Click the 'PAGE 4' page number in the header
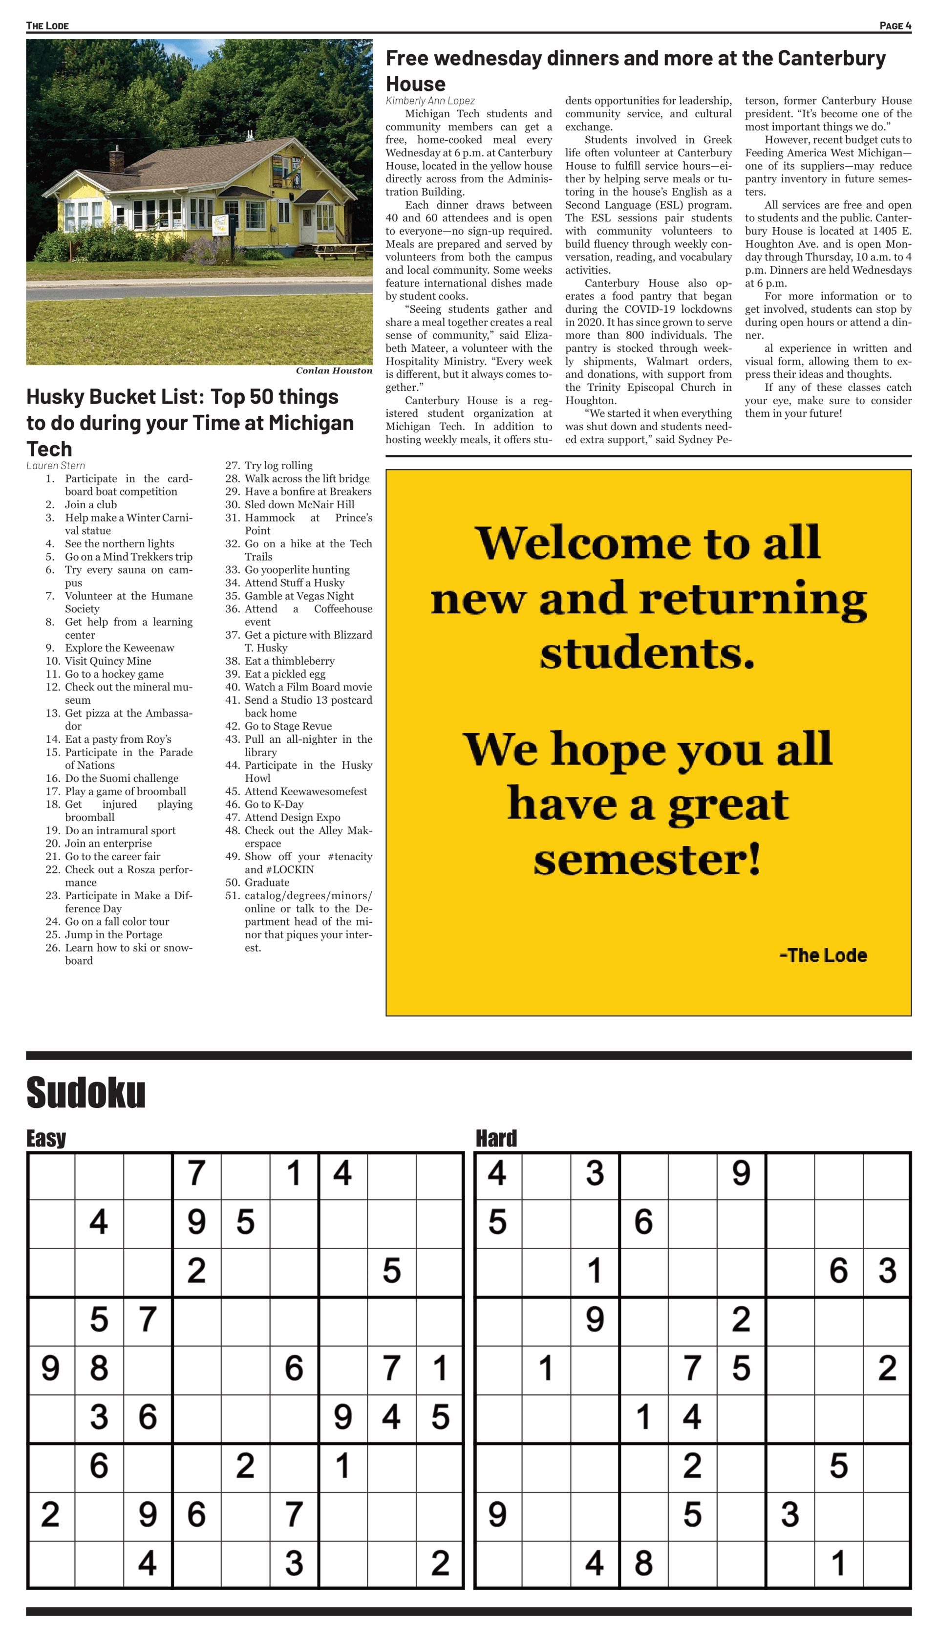point(895,26)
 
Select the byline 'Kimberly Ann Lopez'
point(430,101)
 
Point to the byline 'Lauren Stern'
point(55,465)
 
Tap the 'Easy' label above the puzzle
point(46,1138)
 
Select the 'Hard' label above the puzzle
point(496,1138)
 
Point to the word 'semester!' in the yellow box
point(647,859)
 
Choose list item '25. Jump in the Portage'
point(105,934)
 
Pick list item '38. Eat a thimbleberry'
point(281,661)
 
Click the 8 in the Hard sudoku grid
point(643,1563)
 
